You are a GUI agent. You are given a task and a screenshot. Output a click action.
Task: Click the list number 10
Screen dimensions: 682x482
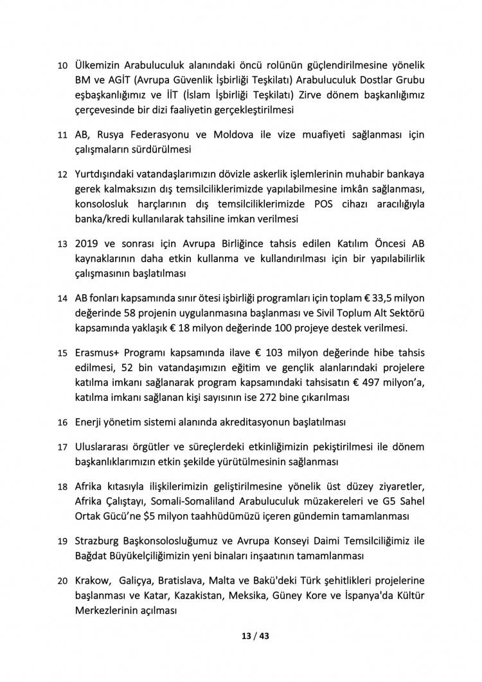click(62, 66)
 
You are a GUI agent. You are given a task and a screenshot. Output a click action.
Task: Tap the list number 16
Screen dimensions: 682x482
click(62, 423)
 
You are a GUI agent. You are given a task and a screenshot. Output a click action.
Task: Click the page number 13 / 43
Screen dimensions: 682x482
click(242, 636)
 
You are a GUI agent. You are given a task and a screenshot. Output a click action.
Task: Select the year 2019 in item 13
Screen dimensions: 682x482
click(87, 244)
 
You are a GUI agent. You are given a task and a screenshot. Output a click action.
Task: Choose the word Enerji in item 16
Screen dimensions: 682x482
click(91, 423)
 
